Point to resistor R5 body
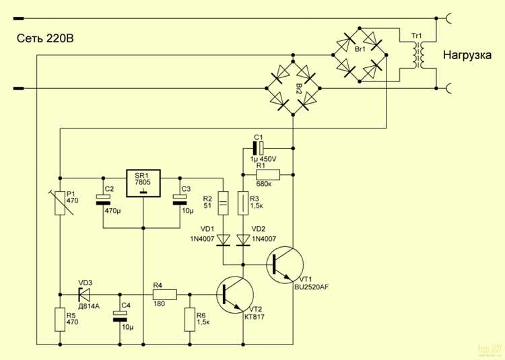click(x=59, y=318)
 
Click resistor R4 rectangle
click(x=165, y=294)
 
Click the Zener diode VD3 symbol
click(x=85, y=294)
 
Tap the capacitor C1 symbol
click(x=257, y=146)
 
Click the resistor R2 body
click(x=223, y=202)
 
